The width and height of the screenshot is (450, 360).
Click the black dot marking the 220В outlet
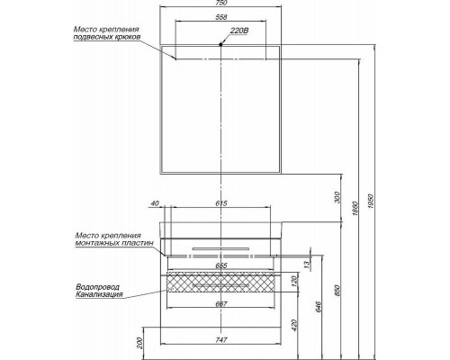[x=221, y=43]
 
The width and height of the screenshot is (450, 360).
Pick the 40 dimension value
[x=156, y=203]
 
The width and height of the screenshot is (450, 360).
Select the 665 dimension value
[x=222, y=266]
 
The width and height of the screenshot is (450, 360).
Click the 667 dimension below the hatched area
[x=222, y=303]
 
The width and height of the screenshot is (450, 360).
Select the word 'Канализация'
[x=99, y=296]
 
